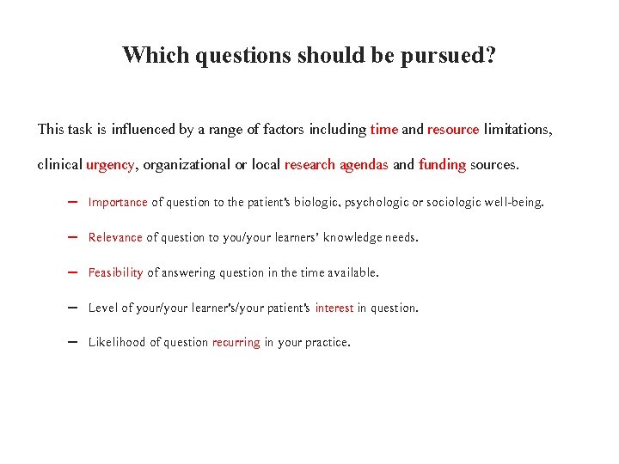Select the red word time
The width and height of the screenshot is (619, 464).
(383, 130)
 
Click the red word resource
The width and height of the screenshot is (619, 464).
(453, 130)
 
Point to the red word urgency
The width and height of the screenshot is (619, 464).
(109, 165)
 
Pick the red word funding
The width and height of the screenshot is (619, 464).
(442, 164)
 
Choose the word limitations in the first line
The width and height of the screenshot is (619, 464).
(518, 130)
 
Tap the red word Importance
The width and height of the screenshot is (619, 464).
(118, 203)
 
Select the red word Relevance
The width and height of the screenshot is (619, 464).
(115, 237)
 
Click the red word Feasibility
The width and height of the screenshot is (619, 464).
(116, 272)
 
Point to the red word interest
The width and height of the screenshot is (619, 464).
(334, 308)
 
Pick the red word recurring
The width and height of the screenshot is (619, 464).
(236, 342)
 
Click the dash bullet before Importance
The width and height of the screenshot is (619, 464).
(71, 203)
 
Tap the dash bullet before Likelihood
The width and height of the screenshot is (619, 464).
(71, 342)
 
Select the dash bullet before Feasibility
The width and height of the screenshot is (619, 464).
(71, 272)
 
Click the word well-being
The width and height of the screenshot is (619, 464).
(513, 203)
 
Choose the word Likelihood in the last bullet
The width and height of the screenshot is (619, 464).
(118, 342)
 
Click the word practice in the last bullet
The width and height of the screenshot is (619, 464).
(327, 343)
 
